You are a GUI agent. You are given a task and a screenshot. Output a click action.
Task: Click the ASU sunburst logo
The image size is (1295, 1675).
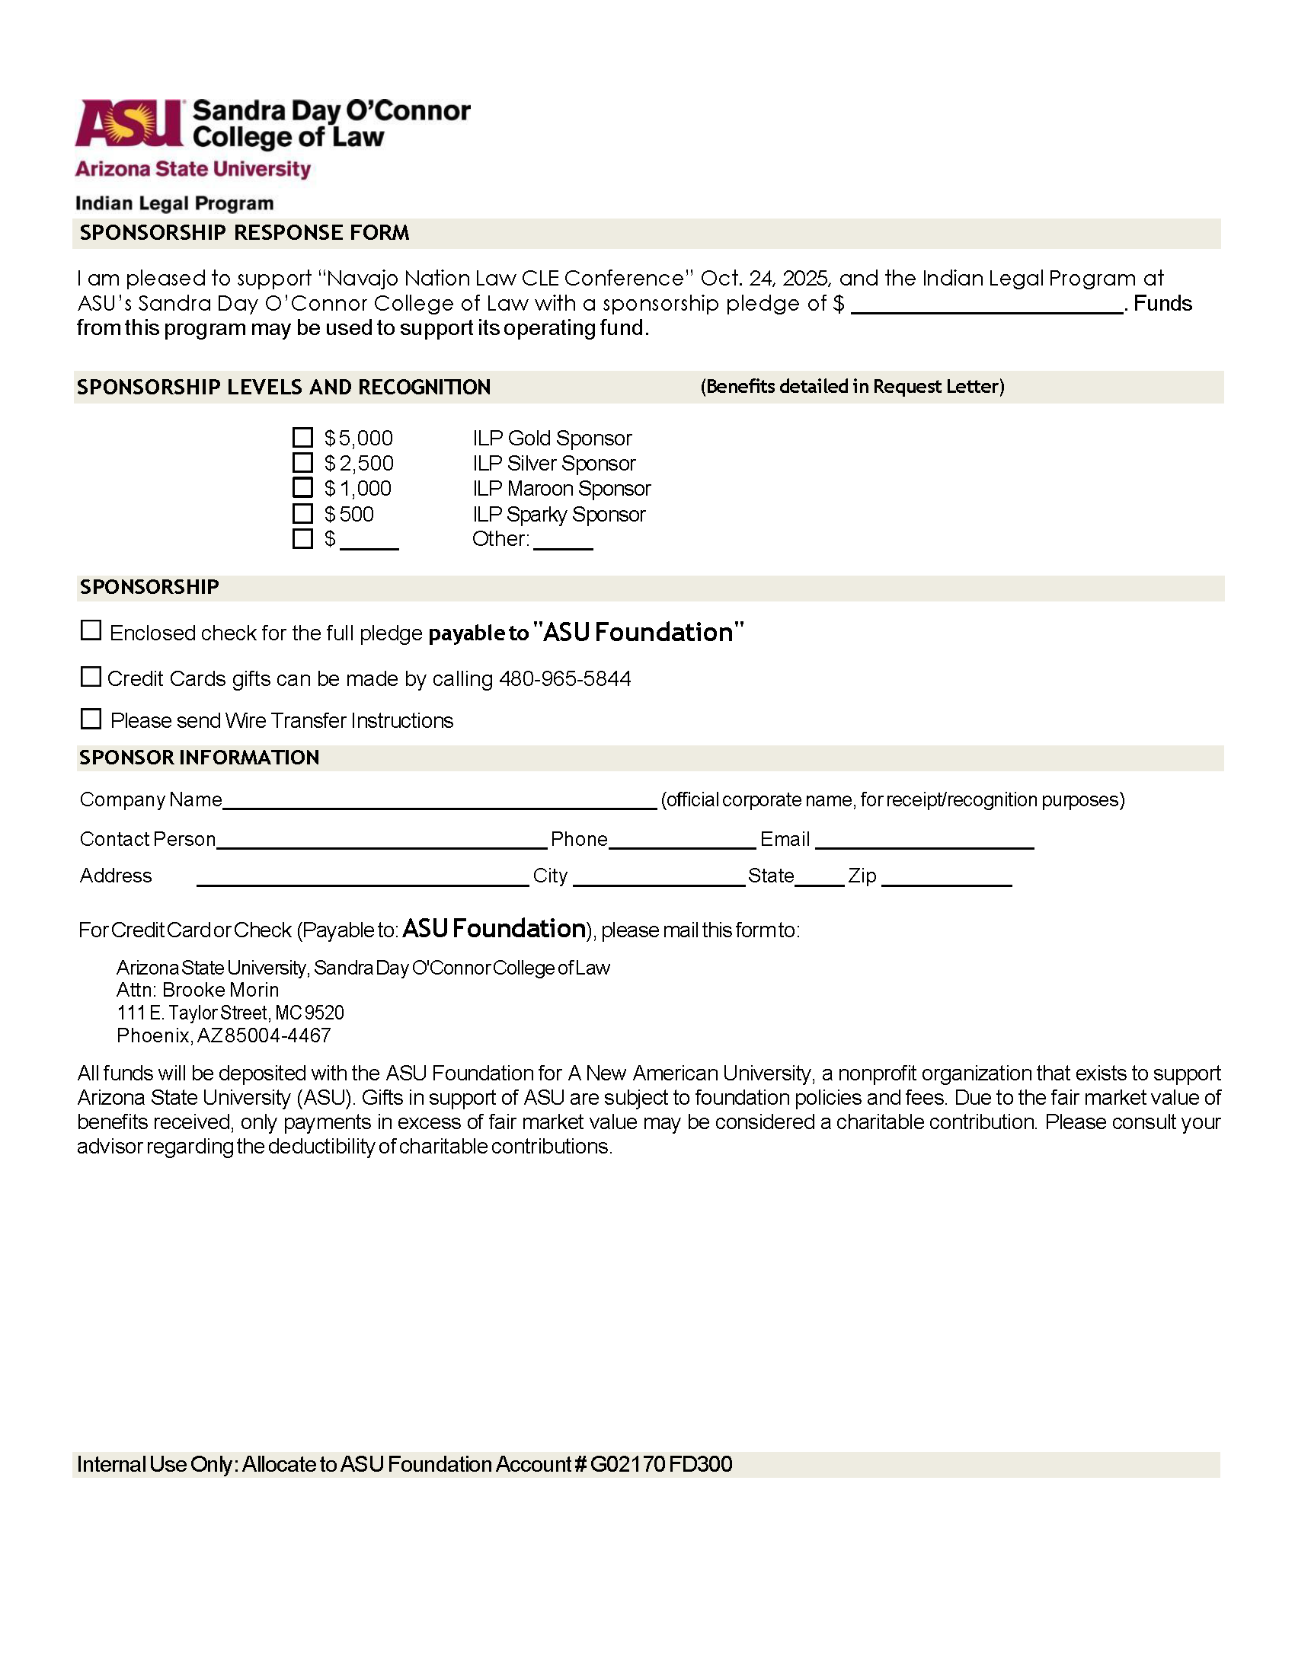[129, 123]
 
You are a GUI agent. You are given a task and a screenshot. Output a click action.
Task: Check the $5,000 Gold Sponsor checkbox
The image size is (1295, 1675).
[303, 438]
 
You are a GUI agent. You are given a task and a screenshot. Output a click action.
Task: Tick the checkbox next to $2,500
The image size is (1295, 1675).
[303, 463]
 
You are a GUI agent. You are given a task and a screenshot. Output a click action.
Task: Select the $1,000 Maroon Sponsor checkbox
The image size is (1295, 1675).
[303, 488]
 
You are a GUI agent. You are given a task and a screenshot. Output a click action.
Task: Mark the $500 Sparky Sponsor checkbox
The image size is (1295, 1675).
[303, 513]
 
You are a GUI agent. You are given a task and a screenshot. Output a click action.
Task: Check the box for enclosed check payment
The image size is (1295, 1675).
[91, 630]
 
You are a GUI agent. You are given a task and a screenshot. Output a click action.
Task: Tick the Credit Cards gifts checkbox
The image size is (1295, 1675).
[91, 676]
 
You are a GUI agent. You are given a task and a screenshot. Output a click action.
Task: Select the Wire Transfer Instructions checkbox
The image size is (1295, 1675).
[91, 719]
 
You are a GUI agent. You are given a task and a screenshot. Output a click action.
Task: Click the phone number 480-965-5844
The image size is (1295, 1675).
[564, 678]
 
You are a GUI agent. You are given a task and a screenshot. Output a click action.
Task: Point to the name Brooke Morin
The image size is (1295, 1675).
[220, 990]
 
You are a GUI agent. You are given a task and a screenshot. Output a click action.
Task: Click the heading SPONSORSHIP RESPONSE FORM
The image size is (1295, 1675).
[245, 233]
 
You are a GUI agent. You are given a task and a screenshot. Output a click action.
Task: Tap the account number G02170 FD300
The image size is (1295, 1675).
[661, 1465]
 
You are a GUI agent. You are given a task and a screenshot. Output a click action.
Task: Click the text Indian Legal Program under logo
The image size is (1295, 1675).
[174, 203]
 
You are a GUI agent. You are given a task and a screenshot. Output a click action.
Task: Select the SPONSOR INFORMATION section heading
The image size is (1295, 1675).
[199, 758]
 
